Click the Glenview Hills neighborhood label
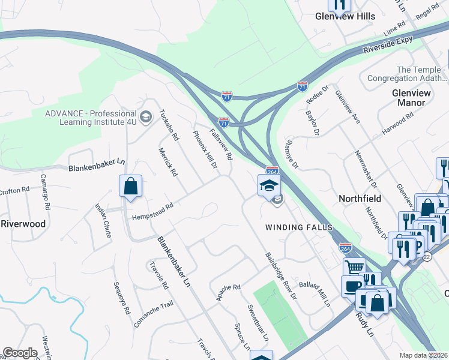(x=345, y=17)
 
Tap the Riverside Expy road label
(x=388, y=46)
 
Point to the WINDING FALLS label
(x=292, y=227)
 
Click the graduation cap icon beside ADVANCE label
(x=145, y=115)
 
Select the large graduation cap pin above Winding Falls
(x=269, y=185)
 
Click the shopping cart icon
(x=354, y=266)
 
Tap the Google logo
(x=20, y=353)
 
